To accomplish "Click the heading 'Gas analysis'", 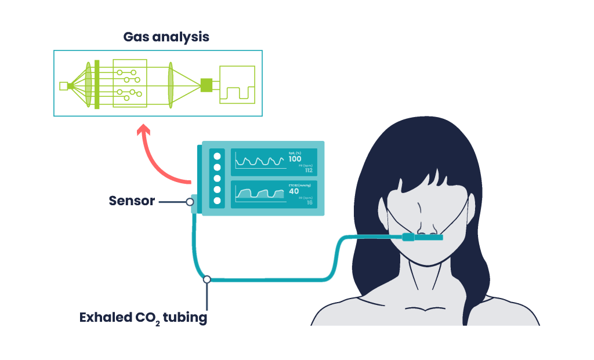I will pos(166,37).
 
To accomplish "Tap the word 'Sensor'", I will pos(132,201).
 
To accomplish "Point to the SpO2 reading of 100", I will pos(295,159).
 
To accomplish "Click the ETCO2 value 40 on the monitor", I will pos(294,191).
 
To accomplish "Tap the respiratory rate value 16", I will pos(309,202).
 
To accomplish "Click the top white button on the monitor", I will pos(218,156).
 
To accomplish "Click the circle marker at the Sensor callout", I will pos(190,202).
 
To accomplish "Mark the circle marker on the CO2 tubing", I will pos(207,279).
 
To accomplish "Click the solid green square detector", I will pos(205,85).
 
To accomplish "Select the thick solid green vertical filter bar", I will pos(97,84).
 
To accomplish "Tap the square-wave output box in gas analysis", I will pos(237,85).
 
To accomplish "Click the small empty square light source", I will pos(63,86).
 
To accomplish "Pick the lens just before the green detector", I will pos(171,85).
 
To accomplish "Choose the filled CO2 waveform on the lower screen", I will pos(260,194).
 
